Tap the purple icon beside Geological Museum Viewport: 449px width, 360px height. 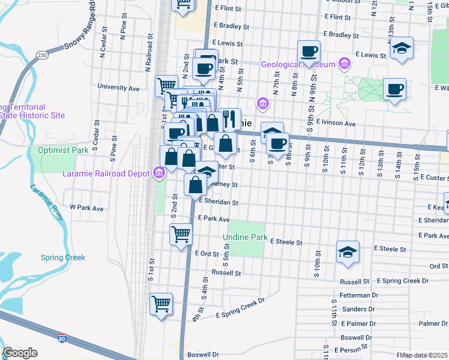[345, 63]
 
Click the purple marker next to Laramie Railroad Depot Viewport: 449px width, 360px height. [159, 173]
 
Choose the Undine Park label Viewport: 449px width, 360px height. [245, 238]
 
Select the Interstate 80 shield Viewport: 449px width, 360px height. [62, 339]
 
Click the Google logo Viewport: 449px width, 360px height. [20, 353]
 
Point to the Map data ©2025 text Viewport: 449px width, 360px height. [424, 355]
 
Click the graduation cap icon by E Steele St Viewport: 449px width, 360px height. [348, 251]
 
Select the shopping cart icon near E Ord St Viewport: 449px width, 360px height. [181, 234]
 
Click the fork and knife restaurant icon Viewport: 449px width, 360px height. [229, 119]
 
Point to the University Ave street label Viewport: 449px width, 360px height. [118, 88]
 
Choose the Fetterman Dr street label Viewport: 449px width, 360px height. [358, 296]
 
